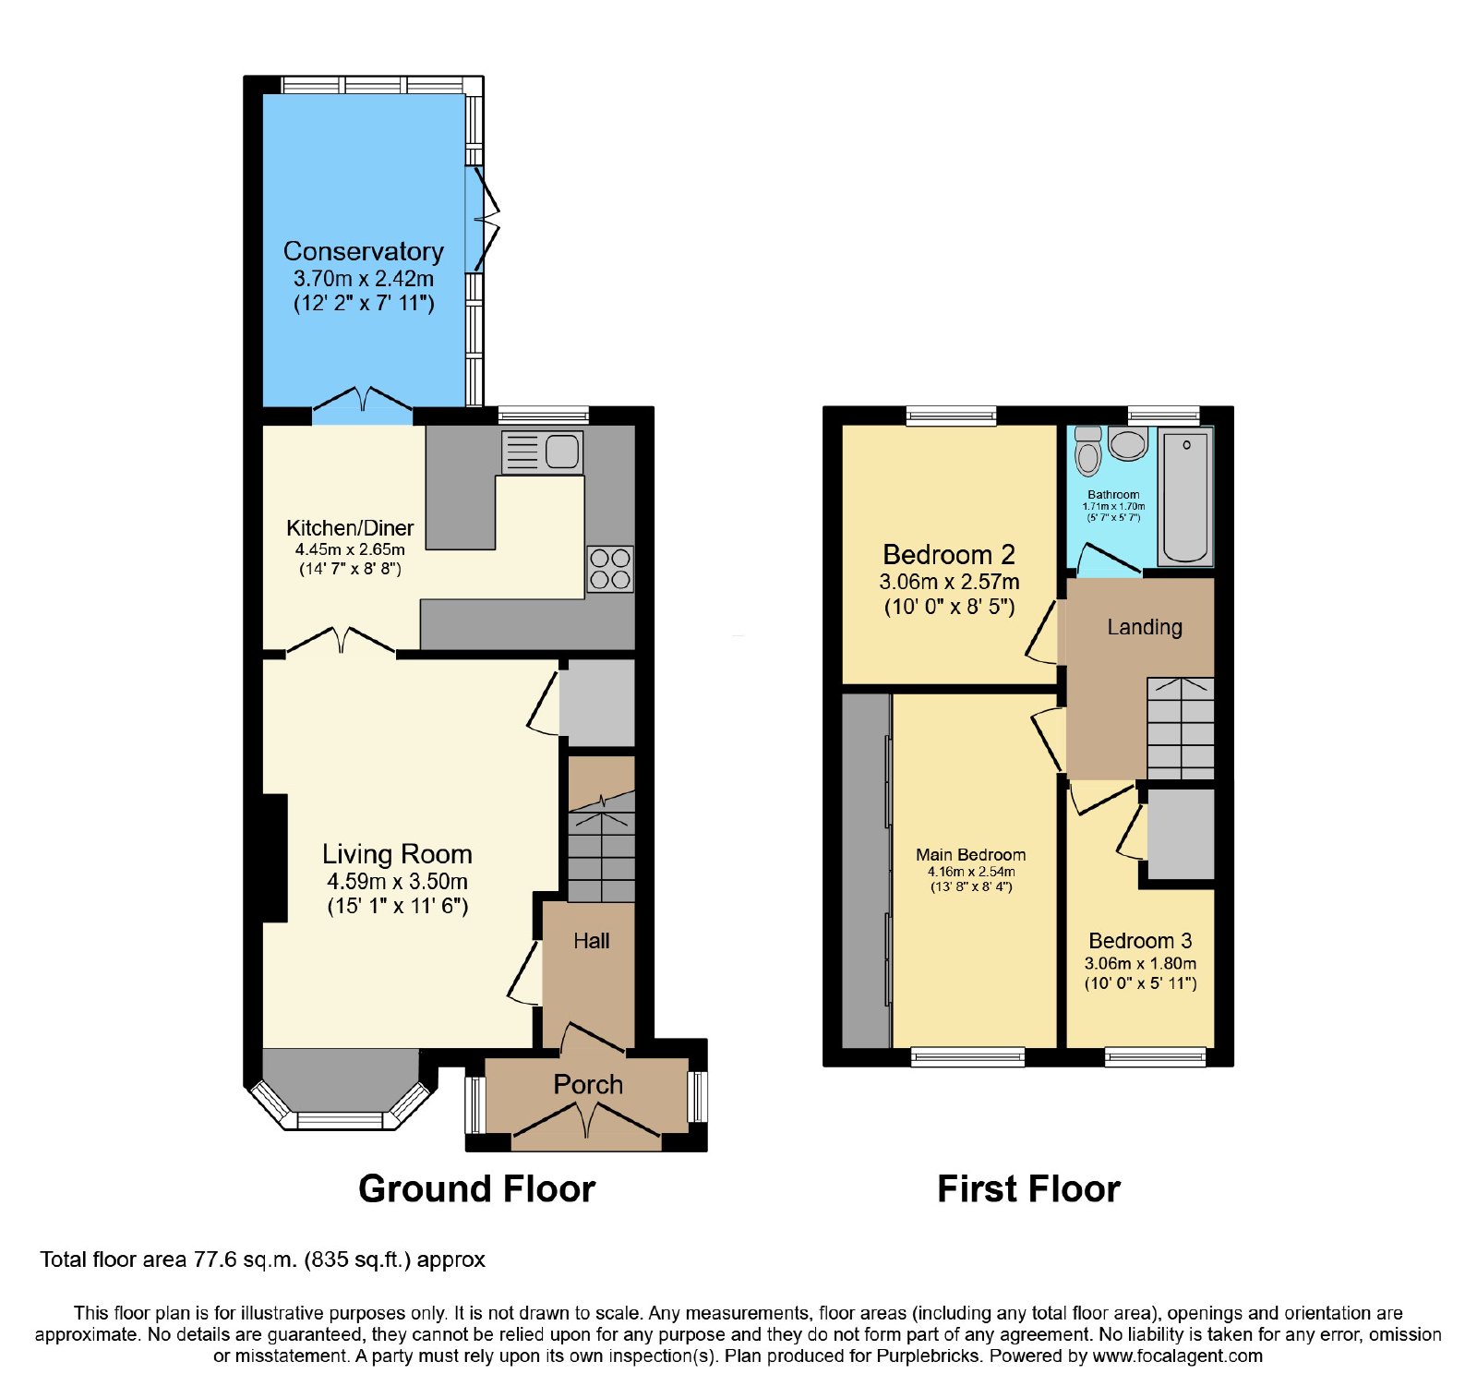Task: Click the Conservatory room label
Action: pyautogui.click(x=363, y=251)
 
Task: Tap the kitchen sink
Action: pyautogui.click(x=543, y=452)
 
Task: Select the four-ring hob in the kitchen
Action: pyautogui.click(x=610, y=569)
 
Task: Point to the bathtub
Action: pyautogui.click(x=1186, y=496)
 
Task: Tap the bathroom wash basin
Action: pyautogui.click(x=1128, y=443)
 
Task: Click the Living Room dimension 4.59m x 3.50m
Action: pyautogui.click(x=397, y=882)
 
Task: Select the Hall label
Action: pyautogui.click(x=592, y=941)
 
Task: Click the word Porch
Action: pyautogui.click(x=588, y=1084)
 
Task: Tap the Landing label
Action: pyautogui.click(x=1145, y=628)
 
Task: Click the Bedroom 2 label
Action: pyautogui.click(x=949, y=555)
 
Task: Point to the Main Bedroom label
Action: pyautogui.click(x=971, y=855)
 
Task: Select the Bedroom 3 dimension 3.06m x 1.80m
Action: pyautogui.click(x=1141, y=963)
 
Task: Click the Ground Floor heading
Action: pyautogui.click(x=477, y=1189)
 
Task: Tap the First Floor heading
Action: pyautogui.click(x=1029, y=1189)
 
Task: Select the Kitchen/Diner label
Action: pyautogui.click(x=350, y=528)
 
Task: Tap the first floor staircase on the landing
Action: pyautogui.click(x=1181, y=729)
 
